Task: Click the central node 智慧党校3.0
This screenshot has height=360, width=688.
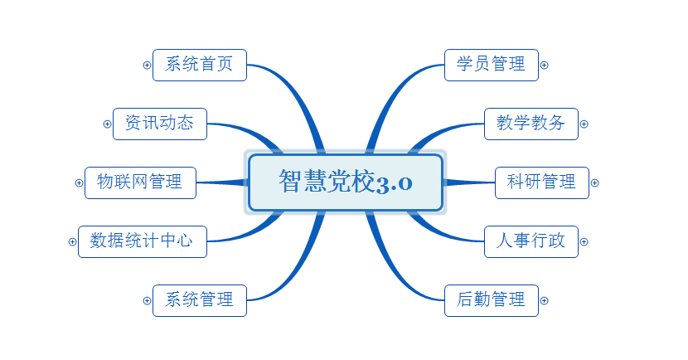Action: tap(346, 182)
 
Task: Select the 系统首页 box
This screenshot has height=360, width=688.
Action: tap(200, 65)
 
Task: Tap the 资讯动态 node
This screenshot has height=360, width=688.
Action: tap(160, 124)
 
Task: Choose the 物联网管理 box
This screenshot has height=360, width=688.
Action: tap(140, 182)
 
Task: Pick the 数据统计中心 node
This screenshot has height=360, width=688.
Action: tap(143, 241)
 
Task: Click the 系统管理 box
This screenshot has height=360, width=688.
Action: tap(200, 300)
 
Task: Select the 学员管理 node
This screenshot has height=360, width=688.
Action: tap(492, 65)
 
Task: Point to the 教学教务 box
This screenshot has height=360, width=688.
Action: tap(531, 124)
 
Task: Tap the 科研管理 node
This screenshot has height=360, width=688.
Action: tap(542, 182)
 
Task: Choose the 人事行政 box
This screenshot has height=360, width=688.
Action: tap(531, 241)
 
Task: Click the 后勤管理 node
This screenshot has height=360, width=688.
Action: tap(492, 300)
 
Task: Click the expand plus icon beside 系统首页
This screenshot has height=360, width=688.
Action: tap(147, 65)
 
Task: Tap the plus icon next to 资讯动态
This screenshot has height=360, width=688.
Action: tap(107, 124)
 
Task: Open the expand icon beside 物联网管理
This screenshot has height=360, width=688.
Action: tap(79, 182)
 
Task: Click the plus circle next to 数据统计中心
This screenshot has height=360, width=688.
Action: tap(72, 241)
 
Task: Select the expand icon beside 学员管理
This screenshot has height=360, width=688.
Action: tap(544, 65)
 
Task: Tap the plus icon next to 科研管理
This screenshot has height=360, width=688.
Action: tap(594, 182)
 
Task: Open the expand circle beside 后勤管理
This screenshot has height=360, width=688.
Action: tap(544, 300)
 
